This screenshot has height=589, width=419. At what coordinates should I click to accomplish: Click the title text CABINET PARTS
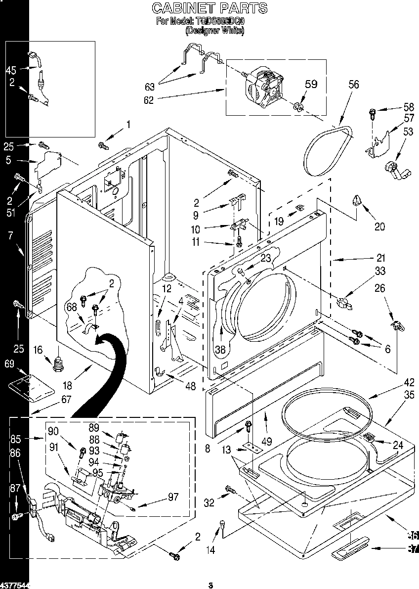209,8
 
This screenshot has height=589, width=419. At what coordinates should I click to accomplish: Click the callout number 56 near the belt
353,85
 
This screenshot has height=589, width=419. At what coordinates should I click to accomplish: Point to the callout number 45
11,70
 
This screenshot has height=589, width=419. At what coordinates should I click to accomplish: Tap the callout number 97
172,497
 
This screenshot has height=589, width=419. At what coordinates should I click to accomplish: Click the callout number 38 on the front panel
220,349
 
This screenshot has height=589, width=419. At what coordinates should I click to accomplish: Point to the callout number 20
379,227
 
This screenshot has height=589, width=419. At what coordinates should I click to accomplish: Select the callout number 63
149,87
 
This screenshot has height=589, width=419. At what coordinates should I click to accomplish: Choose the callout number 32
209,503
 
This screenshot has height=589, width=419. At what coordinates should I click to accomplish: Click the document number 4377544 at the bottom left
15,585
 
